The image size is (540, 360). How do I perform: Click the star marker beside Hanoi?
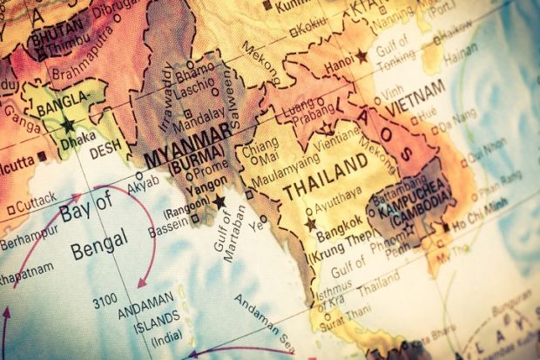coord(361,56)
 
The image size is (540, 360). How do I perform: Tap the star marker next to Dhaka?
coord(68,126)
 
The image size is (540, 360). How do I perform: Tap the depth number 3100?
coord(105,302)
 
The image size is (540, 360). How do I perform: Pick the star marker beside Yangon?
coord(219,201)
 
